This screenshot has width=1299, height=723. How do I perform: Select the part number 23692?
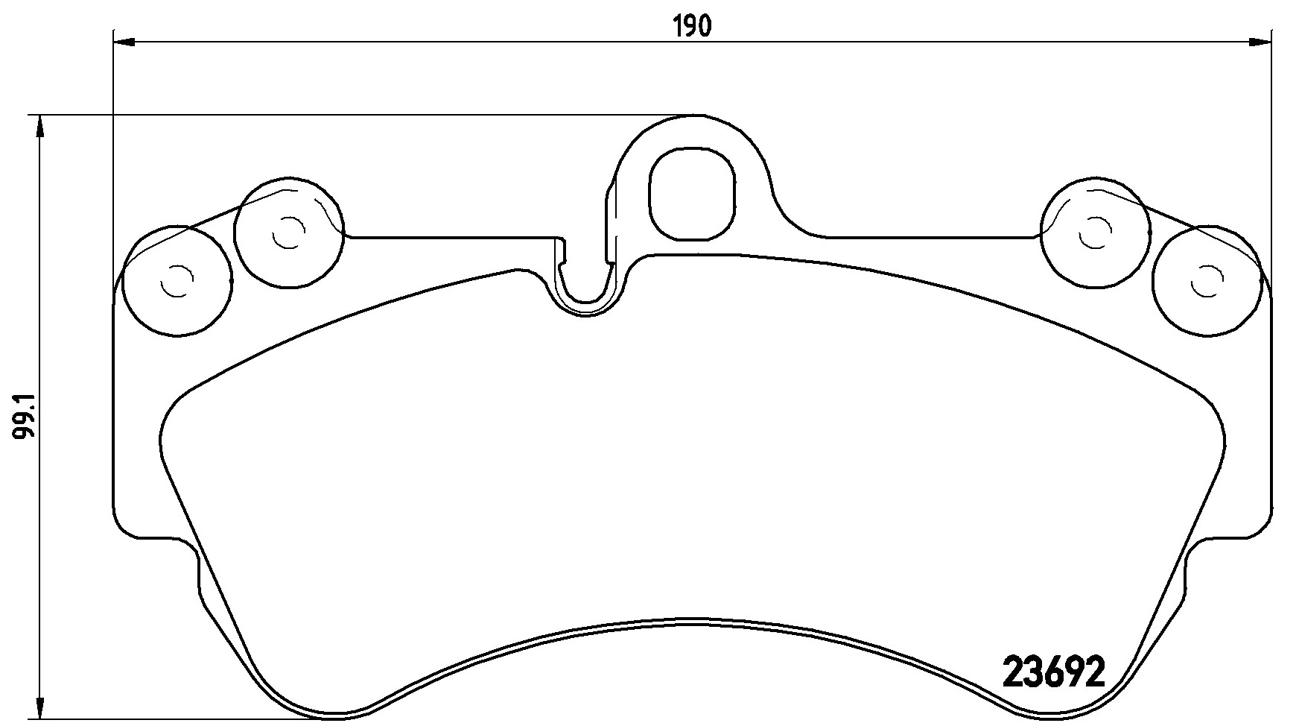coord(1052,673)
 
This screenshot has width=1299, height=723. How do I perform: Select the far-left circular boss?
coord(177,281)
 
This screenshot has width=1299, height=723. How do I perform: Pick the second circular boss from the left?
coord(288,233)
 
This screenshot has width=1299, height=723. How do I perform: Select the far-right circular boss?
coord(1206,281)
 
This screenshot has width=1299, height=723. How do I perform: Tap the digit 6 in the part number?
coord(1053,673)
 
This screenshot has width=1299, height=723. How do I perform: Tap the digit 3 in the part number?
coord(1034,673)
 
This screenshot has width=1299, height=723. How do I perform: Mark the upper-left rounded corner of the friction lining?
coord(179,406)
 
